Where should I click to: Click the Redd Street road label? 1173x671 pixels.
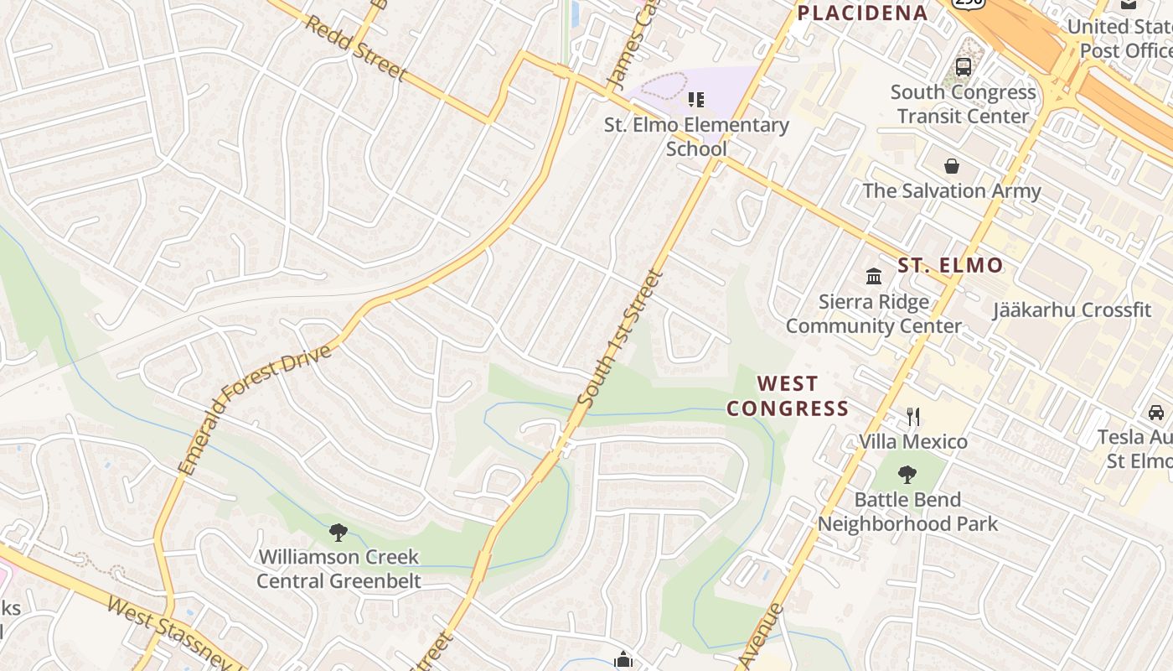pyautogui.click(x=354, y=49)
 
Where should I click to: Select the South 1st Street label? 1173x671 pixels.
pyautogui.click(x=621, y=339)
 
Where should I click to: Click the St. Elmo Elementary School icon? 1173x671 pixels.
pyautogui.click(x=695, y=101)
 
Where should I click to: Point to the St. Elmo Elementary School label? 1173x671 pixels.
pyautogui.click(x=697, y=137)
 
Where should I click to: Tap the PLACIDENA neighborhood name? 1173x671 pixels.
pyautogui.click(x=862, y=13)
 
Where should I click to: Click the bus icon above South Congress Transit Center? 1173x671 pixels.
pyautogui.click(x=964, y=67)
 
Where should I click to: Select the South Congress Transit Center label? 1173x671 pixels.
pyautogui.click(x=963, y=104)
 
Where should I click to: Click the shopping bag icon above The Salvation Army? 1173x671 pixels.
pyautogui.click(x=952, y=165)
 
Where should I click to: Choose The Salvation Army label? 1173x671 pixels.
pyautogui.click(x=952, y=190)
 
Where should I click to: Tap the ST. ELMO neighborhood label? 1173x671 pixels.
pyautogui.click(x=950, y=266)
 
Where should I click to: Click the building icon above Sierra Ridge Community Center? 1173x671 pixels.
pyautogui.click(x=874, y=276)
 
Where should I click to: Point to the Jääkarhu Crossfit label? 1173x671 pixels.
pyautogui.click(x=1072, y=309)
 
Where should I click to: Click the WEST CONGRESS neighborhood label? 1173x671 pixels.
pyautogui.click(x=788, y=396)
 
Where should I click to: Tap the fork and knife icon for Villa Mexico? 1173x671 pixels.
pyautogui.click(x=913, y=416)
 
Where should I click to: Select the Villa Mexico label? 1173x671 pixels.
pyautogui.click(x=913, y=441)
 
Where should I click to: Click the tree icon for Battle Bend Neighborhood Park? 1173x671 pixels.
pyautogui.click(x=907, y=475)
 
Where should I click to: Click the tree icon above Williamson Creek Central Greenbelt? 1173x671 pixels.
pyautogui.click(x=338, y=532)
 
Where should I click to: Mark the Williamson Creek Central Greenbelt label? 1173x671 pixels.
pyautogui.click(x=338, y=569)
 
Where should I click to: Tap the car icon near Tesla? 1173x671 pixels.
pyautogui.click(x=1155, y=412)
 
